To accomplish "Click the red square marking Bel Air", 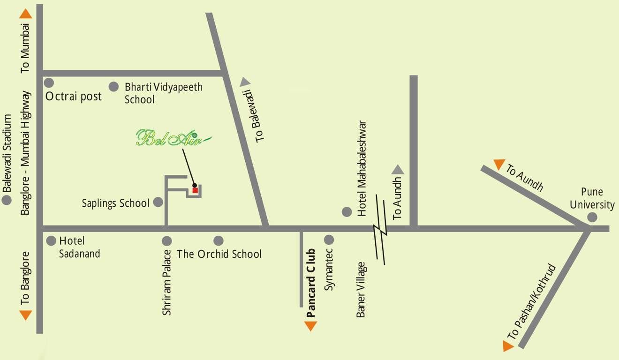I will click(195, 190).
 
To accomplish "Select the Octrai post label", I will click(74, 97).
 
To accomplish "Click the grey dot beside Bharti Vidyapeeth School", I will click(113, 87).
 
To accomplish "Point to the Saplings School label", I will click(115, 203).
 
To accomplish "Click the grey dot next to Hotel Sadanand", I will click(51, 241).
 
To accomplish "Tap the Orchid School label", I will click(219, 254).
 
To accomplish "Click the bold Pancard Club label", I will click(310, 283).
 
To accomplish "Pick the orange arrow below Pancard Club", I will click(310, 326).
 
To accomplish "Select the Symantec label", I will click(329, 270).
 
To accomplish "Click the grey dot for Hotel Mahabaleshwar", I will click(347, 212).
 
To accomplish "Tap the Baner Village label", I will click(361, 289).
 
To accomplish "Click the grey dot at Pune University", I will click(592, 217).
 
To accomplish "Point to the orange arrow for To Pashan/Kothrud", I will click(507, 346).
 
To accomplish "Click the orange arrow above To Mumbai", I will click(25, 14).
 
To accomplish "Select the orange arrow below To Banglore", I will click(25, 315).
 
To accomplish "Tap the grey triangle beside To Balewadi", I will click(245, 82).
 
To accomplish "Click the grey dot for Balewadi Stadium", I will click(7, 201).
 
